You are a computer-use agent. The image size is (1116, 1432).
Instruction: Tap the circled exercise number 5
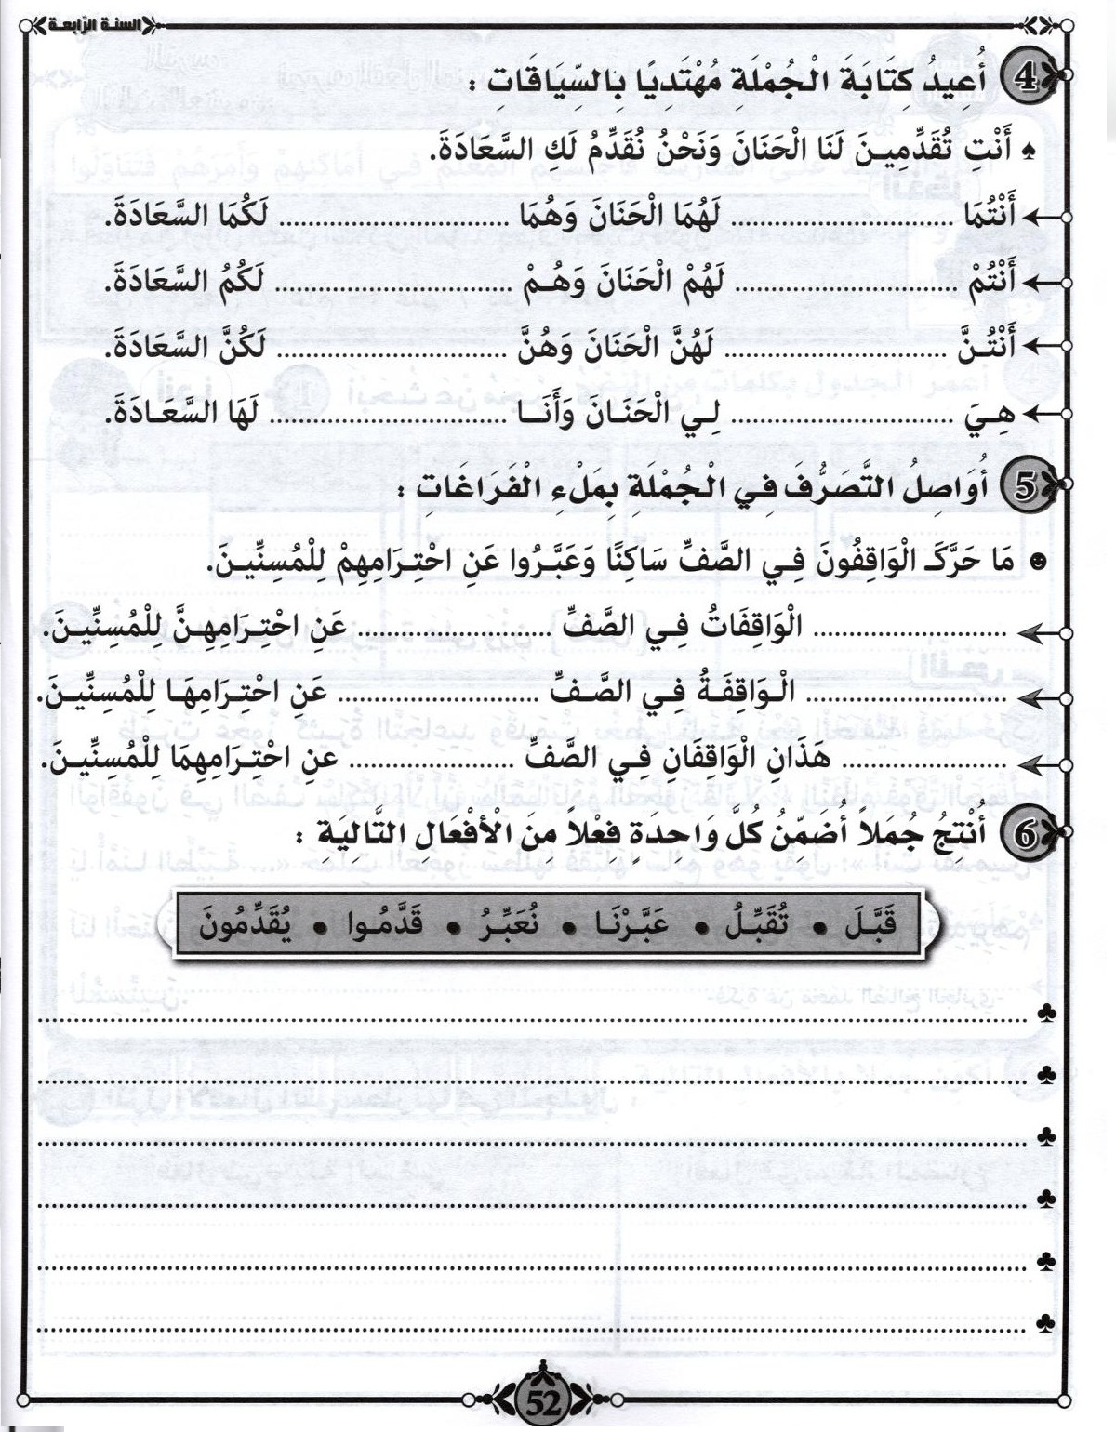tap(1027, 487)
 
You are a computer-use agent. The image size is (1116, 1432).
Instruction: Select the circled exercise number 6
tap(1027, 834)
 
